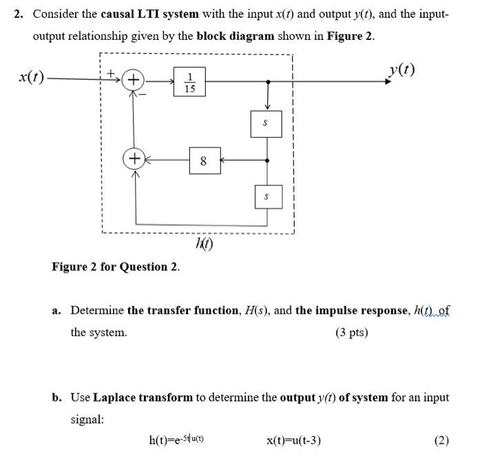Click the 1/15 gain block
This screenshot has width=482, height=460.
(x=191, y=82)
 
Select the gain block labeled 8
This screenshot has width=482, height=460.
(x=203, y=161)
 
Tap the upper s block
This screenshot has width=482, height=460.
(x=266, y=124)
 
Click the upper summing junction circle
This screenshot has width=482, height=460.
(x=134, y=81)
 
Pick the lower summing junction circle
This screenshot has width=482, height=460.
(x=134, y=160)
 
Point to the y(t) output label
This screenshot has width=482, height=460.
(x=401, y=70)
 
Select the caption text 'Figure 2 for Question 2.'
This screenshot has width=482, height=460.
(x=116, y=266)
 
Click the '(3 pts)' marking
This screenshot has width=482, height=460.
(x=352, y=333)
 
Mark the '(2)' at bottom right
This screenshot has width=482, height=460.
(x=441, y=440)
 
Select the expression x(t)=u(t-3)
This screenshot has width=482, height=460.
(x=293, y=440)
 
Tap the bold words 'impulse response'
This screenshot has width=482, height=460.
(x=338, y=311)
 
